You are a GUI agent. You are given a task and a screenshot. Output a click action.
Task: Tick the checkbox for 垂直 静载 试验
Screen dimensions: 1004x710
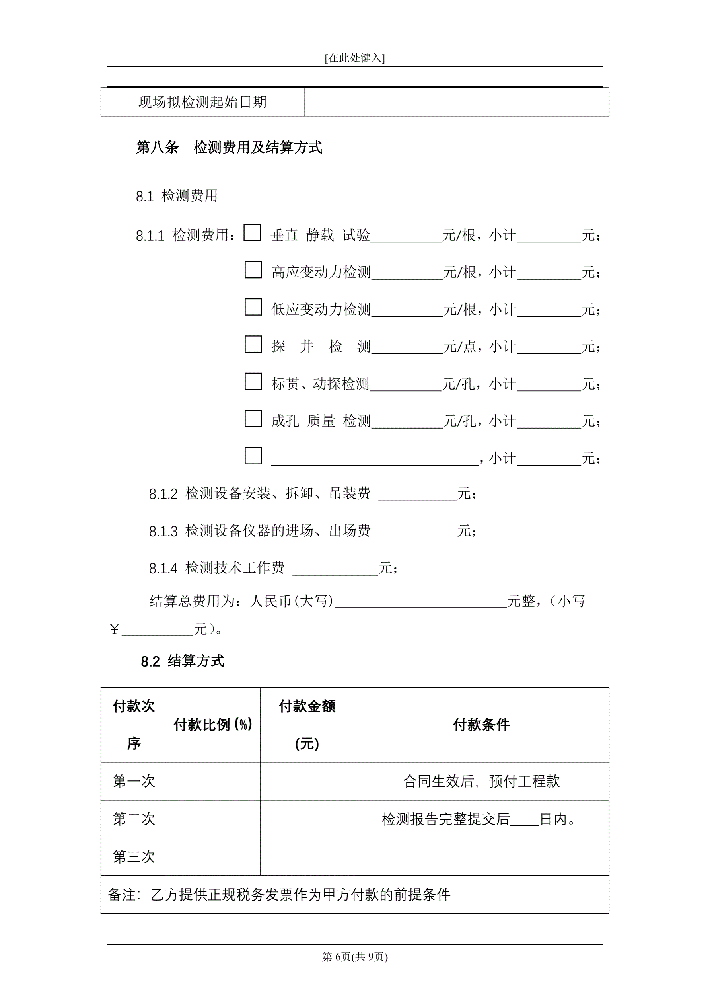(x=252, y=233)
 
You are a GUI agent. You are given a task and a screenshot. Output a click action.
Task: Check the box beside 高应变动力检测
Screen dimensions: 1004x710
(x=253, y=270)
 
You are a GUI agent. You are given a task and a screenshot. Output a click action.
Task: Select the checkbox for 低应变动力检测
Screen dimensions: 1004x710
(x=253, y=307)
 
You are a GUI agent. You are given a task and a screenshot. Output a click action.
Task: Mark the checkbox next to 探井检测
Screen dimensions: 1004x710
(x=253, y=344)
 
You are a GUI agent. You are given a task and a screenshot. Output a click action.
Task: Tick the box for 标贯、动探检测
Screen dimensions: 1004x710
(x=253, y=381)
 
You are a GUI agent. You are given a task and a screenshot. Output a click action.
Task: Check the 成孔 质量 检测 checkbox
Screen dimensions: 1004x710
(x=253, y=419)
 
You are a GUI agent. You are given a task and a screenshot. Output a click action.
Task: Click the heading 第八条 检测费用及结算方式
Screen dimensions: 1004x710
(x=229, y=147)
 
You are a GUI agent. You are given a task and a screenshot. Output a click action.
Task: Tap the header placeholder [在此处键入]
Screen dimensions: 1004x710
(x=354, y=58)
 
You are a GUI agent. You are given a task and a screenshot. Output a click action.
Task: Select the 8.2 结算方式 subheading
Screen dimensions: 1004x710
(x=182, y=661)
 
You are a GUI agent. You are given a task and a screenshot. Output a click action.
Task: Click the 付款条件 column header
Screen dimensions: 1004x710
(x=481, y=725)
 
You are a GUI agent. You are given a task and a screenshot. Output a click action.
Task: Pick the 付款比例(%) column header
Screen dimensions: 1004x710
(x=213, y=725)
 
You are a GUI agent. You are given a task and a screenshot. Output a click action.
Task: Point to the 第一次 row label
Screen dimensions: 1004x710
(x=134, y=781)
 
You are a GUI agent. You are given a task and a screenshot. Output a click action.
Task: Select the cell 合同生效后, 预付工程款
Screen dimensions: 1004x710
(x=481, y=781)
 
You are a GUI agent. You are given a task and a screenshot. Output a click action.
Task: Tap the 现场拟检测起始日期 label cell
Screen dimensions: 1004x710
(x=202, y=102)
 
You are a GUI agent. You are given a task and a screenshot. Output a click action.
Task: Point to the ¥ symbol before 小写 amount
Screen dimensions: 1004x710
(x=114, y=629)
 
